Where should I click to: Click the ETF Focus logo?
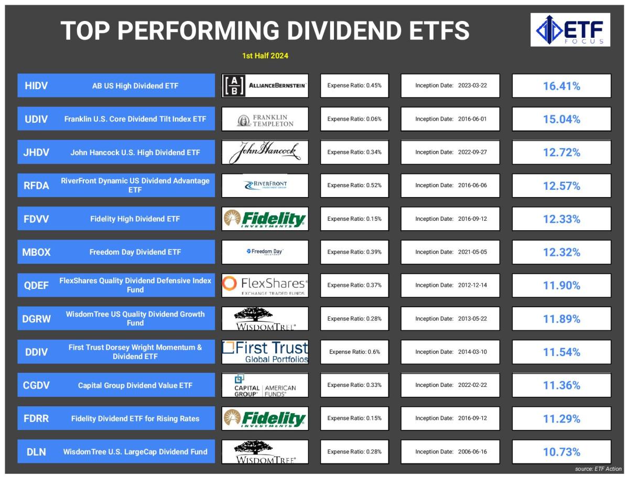pyautogui.click(x=570, y=30)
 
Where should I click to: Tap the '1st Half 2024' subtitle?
pyautogui.click(x=265, y=56)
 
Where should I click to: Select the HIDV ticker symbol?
pyautogui.click(x=36, y=85)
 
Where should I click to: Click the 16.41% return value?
pyautogui.click(x=561, y=86)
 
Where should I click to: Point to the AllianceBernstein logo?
pyautogui.click(x=265, y=85)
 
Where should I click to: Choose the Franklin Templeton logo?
pyautogui.click(x=265, y=120)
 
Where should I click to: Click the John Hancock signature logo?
pyautogui.click(x=265, y=152)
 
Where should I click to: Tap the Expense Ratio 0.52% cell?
pyautogui.click(x=354, y=185)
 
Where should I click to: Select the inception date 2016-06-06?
pyautogui.click(x=472, y=185)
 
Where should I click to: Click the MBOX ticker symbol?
pyautogui.click(x=36, y=252)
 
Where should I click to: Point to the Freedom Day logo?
pyautogui.click(x=265, y=252)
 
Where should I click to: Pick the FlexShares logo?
pyautogui.click(x=265, y=285)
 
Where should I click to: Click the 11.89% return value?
pyautogui.click(x=561, y=319)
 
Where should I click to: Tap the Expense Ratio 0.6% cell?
pyautogui.click(x=354, y=352)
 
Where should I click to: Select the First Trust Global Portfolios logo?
pyautogui.click(x=265, y=352)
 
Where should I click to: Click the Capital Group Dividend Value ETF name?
pyautogui.click(x=135, y=385)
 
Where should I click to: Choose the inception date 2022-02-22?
pyautogui.click(x=472, y=385)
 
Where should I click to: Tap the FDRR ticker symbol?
pyautogui.click(x=36, y=418)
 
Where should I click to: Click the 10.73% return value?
pyautogui.click(x=561, y=452)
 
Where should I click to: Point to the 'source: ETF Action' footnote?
pyautogui.click(x=598, y=469)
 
